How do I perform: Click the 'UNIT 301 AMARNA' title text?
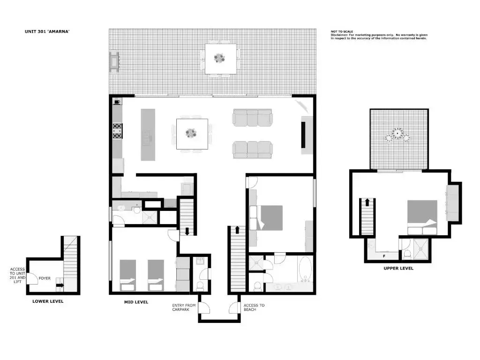pos(47,31)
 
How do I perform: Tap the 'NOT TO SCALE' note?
pos(342,31)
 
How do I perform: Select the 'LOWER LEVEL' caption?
pos(48,301)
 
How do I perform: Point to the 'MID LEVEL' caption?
pos(136,302)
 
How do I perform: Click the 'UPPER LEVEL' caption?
pos(398,268)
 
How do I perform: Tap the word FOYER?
pos(45,278)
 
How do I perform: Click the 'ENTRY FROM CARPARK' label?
pos(184,307)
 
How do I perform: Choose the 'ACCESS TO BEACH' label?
pos(254,307)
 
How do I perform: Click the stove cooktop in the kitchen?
pos(118,131)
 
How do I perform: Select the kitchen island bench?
pos(148,135)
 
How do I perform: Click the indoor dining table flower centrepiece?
pos(191,133)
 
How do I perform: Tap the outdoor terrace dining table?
pos(221,59)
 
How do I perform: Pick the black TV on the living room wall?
pos(304,135)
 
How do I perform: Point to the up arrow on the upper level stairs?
pos(367,202)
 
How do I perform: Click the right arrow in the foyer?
pos(60,285)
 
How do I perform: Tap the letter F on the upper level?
pos(384,256)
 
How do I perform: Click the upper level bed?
pos(422,217)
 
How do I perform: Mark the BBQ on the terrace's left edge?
pos(114,62)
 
